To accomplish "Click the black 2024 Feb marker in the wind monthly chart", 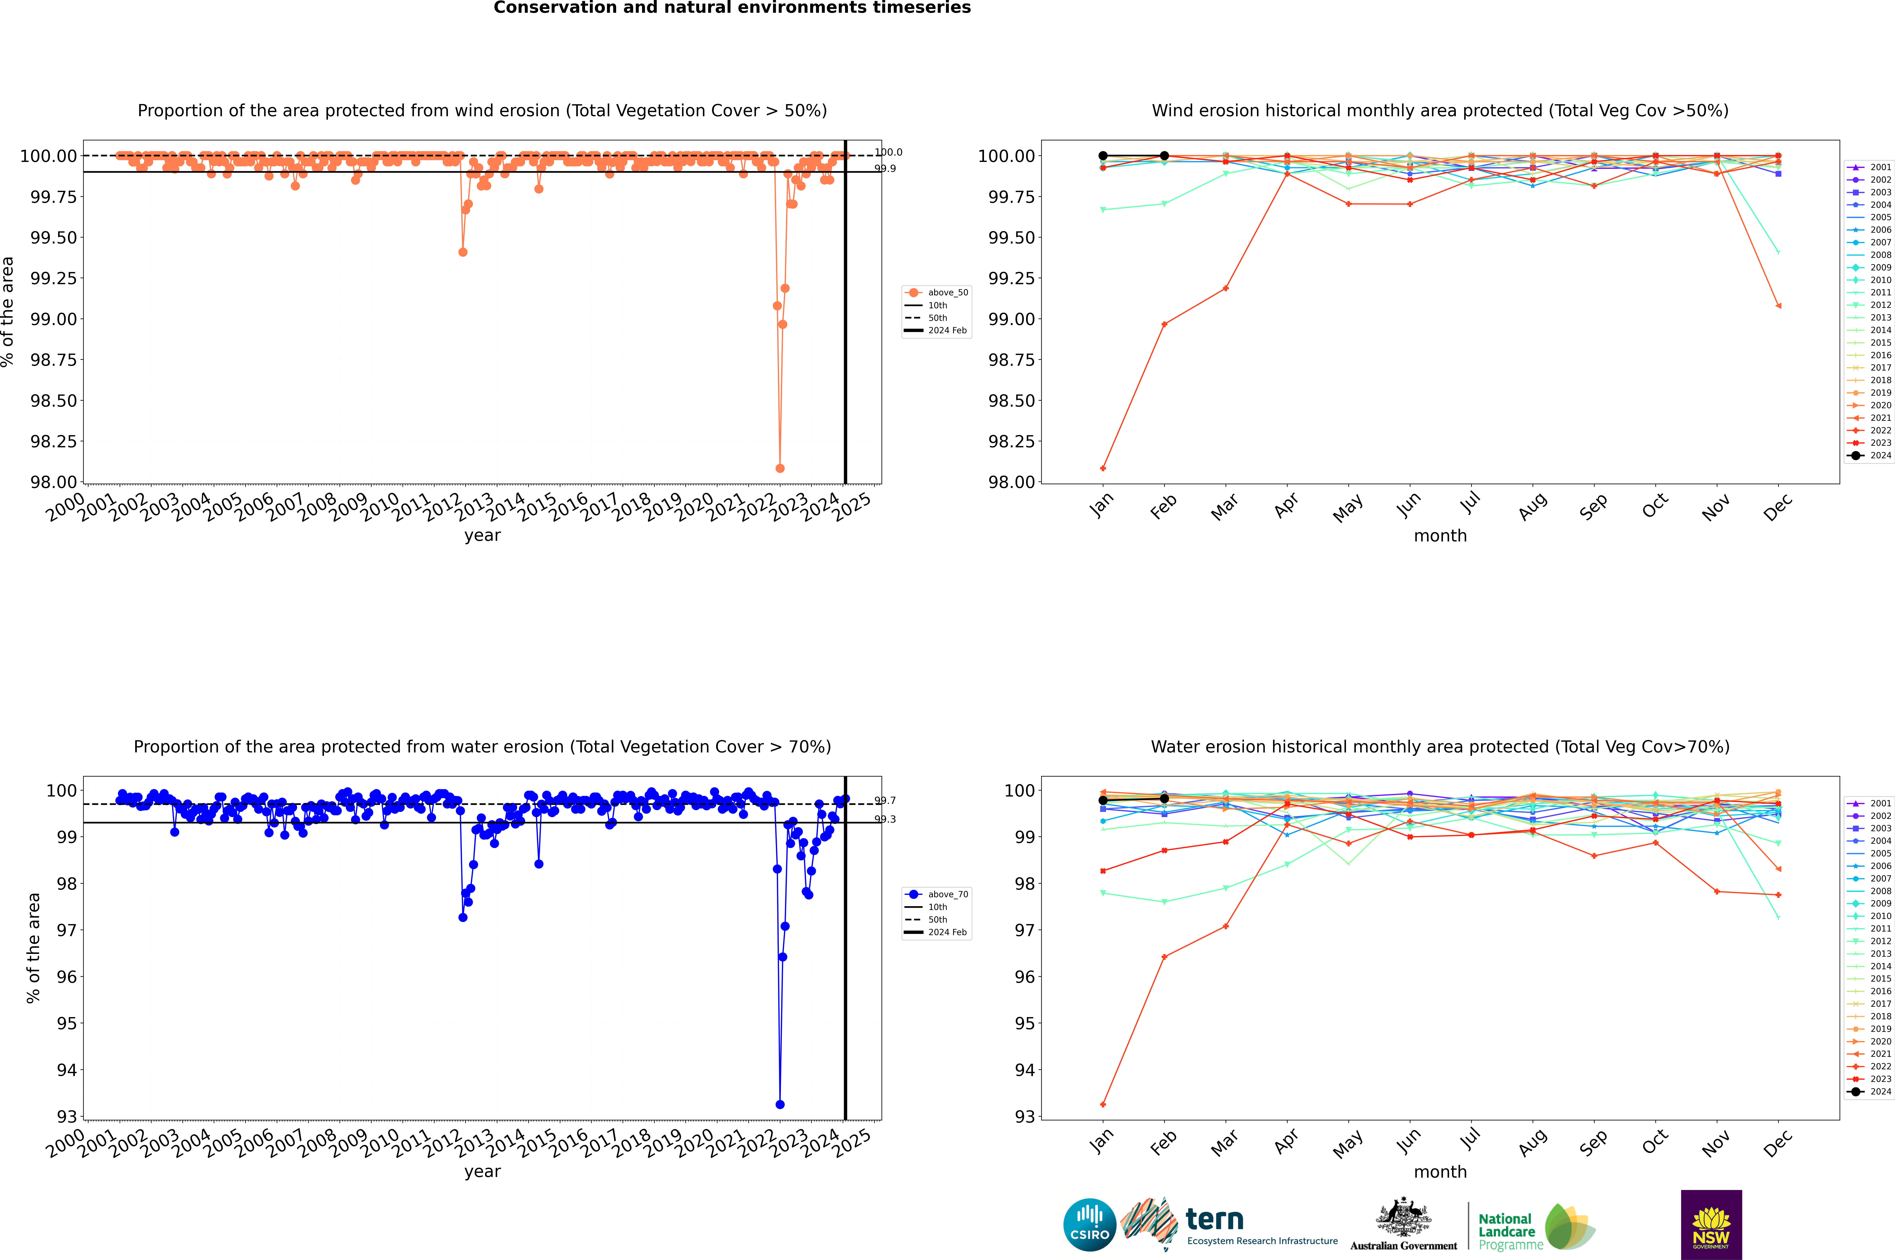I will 1164,156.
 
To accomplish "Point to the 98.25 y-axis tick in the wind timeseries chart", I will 54,441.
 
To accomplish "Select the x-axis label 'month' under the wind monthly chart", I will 1440,536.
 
